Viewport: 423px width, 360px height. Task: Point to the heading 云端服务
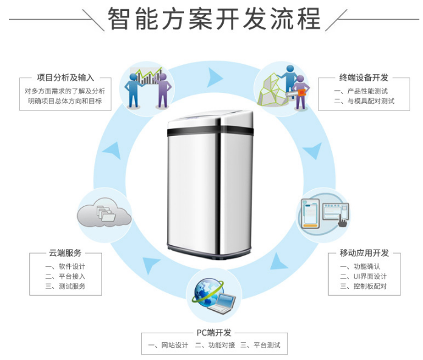click(x=66, y=253)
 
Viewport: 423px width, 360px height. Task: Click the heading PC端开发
click(x=214, y=332)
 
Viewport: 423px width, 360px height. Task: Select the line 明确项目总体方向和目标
click(x=66, y=101)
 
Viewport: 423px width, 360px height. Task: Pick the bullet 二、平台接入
click(x=65, y=276)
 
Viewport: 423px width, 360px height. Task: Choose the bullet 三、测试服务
click(x=65, y=286)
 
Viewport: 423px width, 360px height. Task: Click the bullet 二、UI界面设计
click(x=363, y=276)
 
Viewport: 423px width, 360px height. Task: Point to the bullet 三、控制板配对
click(x=363, y=286)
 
